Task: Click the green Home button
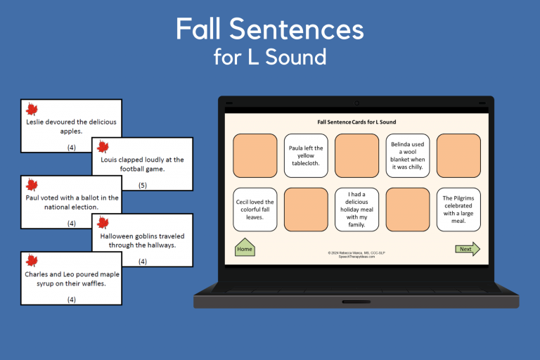click(245, 249)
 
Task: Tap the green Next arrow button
click(467, 249)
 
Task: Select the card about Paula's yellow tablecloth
click(305, 156)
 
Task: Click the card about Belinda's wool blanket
click(407, 156)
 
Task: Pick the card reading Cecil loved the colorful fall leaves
click(255, 210)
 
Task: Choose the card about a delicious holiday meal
click(356, 210)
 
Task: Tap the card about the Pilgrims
click(458, 210)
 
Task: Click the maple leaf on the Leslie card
click(32, 109)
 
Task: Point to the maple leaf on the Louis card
click(103, 147)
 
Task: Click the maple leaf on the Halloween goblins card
click(103, 224)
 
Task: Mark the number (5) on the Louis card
click(143, 186)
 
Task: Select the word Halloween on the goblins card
click(120, 236)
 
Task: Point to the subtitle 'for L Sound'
click(270, 57)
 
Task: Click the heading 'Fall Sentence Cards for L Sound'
click(356, 122)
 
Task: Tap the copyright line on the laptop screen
click(356, 252)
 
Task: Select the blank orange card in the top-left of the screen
click(255, 156)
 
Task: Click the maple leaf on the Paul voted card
click(32, 185)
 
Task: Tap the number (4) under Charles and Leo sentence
click(71, 300)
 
